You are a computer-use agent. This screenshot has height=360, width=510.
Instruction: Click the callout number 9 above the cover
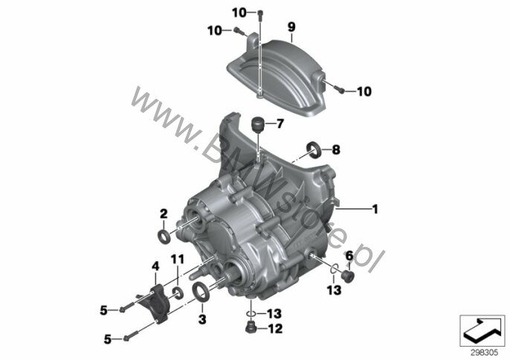click(x=291, y=27)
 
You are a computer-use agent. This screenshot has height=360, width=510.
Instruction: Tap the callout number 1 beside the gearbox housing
click(x=375, y=209)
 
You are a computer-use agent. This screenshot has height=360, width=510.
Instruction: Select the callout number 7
click(x=280, y=123)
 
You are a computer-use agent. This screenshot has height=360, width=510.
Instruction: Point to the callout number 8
click(x=336, y=150)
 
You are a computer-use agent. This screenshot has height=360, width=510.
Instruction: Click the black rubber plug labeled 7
click(x=257, y=125)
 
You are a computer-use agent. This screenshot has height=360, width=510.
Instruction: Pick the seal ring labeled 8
click(x=314, y=150)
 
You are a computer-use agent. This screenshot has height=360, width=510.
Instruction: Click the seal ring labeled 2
click(x=164, y=237)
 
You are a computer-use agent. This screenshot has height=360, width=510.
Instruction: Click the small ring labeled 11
click(x=178, y=292)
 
